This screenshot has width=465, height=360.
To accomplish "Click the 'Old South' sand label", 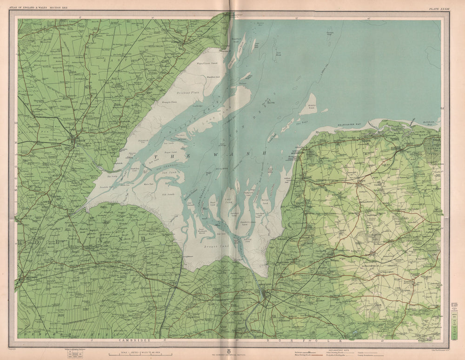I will click(167, 194).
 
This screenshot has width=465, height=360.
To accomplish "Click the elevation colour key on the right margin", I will click(452, 321).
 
